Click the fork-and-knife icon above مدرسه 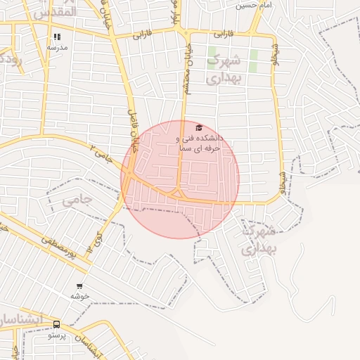[57, 37]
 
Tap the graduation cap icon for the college [199, 128]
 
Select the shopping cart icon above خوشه [79, 286]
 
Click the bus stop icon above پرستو [56, 325]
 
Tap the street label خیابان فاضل [132, 130]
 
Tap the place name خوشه [77, 296]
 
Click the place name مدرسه [57, 47]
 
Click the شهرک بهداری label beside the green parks [225, 69]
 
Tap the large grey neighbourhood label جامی [77, 200]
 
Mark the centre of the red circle [180, 179]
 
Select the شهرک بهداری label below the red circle [259, 239]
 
